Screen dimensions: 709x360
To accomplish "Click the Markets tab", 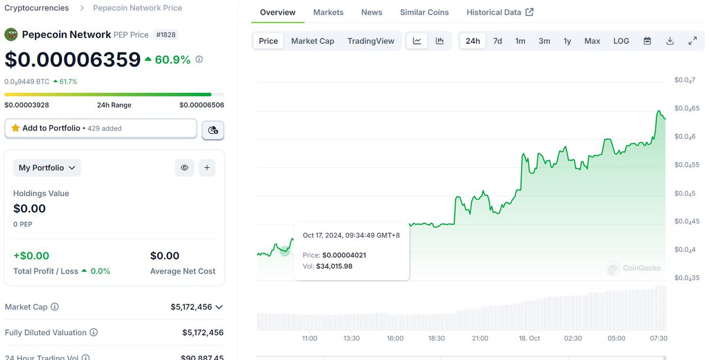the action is tap(329, 12).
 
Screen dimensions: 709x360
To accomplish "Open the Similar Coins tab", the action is tap(424, 12).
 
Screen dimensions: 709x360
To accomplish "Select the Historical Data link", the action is tap(500, 12).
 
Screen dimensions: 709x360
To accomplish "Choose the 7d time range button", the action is tap(497, 41).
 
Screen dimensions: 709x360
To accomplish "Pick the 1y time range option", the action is tap(567, 41).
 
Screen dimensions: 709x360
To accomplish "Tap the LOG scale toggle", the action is tap(621, 41).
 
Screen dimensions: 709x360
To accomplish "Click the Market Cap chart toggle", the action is tap(313, 41).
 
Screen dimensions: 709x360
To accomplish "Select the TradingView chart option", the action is tap(370, 41).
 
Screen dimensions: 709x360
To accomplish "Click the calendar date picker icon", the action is tap(648, 41).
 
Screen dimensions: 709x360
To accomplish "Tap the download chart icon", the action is tap(670, 41).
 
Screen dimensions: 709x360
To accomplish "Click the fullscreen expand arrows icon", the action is tap(692, 41).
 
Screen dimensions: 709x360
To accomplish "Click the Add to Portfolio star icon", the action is tap(15, 128).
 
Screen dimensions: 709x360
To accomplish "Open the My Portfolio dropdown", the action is tap(47, 168).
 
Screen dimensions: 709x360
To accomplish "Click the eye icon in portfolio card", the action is tap(184, 168).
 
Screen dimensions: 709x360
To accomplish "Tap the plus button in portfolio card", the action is tap(207, 168).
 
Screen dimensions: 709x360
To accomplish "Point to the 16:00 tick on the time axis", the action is tap(395, 338).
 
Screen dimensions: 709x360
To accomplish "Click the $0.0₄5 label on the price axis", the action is tap(685, 193).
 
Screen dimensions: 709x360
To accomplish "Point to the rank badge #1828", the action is tap(166, 34).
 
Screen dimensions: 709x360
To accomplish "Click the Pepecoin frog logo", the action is tap(11, 34).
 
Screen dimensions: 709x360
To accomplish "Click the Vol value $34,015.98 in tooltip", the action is tap(334, 266).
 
